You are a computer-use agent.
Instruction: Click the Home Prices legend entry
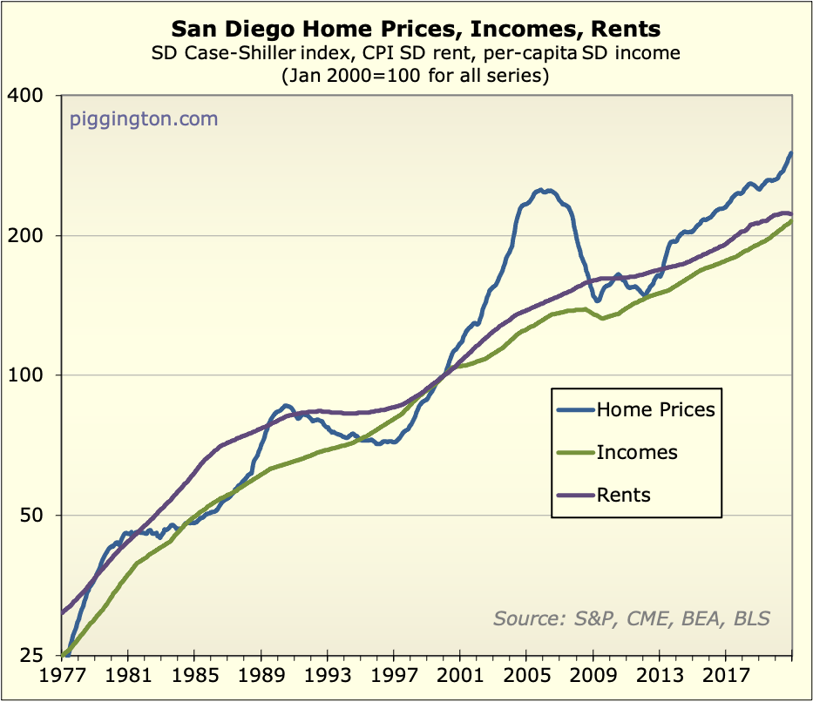click(654, 409)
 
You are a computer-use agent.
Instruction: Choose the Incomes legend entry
click(637, 452)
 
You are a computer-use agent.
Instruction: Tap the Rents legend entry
click(623, 495)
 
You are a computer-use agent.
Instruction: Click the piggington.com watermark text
click(144, 118)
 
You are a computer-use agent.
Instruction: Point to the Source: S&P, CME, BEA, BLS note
click(632, 618)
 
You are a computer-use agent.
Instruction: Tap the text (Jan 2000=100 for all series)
click(415, 76)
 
